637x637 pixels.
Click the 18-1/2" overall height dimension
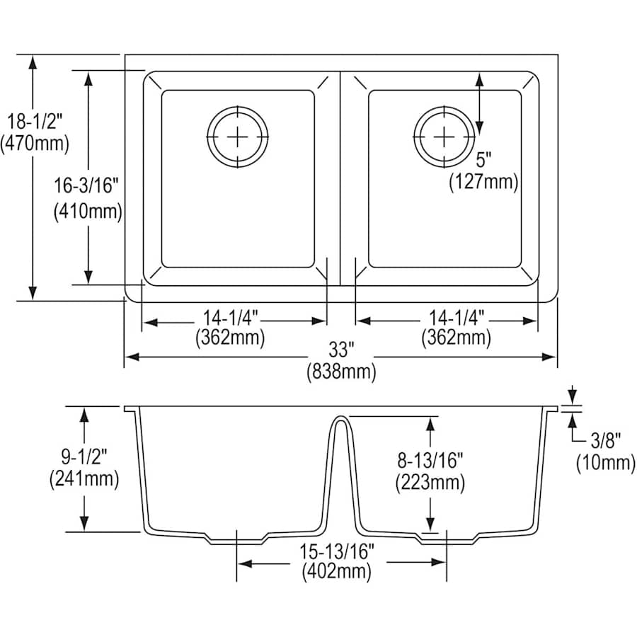(35, 122)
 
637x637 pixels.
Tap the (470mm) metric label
(35, 144)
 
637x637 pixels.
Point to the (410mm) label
(88, 212)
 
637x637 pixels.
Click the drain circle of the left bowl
(238, 137)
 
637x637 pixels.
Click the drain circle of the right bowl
(444, 137)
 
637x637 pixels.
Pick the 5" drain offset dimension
(483, 160)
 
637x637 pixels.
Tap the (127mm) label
(483, 182)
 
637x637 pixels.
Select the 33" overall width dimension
(342, 350)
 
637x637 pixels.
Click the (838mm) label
(342, 372)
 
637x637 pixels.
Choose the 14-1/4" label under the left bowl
(230, 316)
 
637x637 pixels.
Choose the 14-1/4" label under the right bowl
(457, 316)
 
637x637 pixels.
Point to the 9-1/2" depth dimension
(84, 457)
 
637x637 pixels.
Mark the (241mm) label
(84, 479)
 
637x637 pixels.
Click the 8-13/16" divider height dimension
(430, 460)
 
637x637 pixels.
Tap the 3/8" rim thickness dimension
(606, 440)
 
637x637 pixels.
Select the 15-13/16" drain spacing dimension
(336, 551)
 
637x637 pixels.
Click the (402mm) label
(336, 572)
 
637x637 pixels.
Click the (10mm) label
(606, 462)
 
